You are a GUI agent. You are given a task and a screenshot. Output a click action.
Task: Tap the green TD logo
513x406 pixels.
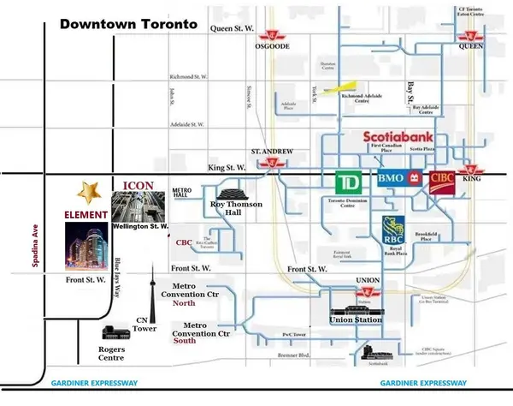[346, 183]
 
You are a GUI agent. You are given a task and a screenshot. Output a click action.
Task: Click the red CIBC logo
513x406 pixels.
[445, 182]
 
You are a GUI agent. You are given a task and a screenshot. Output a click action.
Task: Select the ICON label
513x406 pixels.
[139, 185]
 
